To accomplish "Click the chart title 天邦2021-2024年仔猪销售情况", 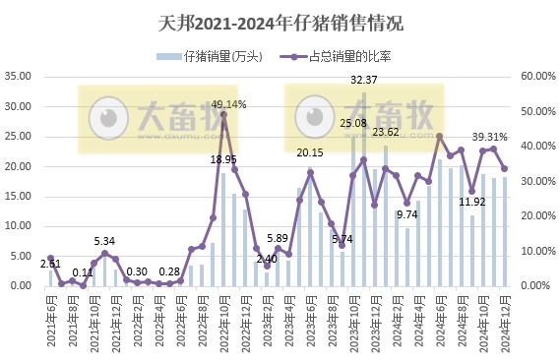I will (280, 21).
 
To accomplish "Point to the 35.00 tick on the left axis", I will (20, 76).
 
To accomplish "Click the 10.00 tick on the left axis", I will (20, 226).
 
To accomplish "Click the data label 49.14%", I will (228, 103).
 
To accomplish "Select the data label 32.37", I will (364, 80).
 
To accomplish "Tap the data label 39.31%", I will (489, 137).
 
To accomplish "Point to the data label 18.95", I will (223, 159).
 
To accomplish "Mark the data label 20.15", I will (310, 152).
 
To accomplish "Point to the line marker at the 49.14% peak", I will (223, 114).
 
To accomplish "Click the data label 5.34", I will (104, 241).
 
